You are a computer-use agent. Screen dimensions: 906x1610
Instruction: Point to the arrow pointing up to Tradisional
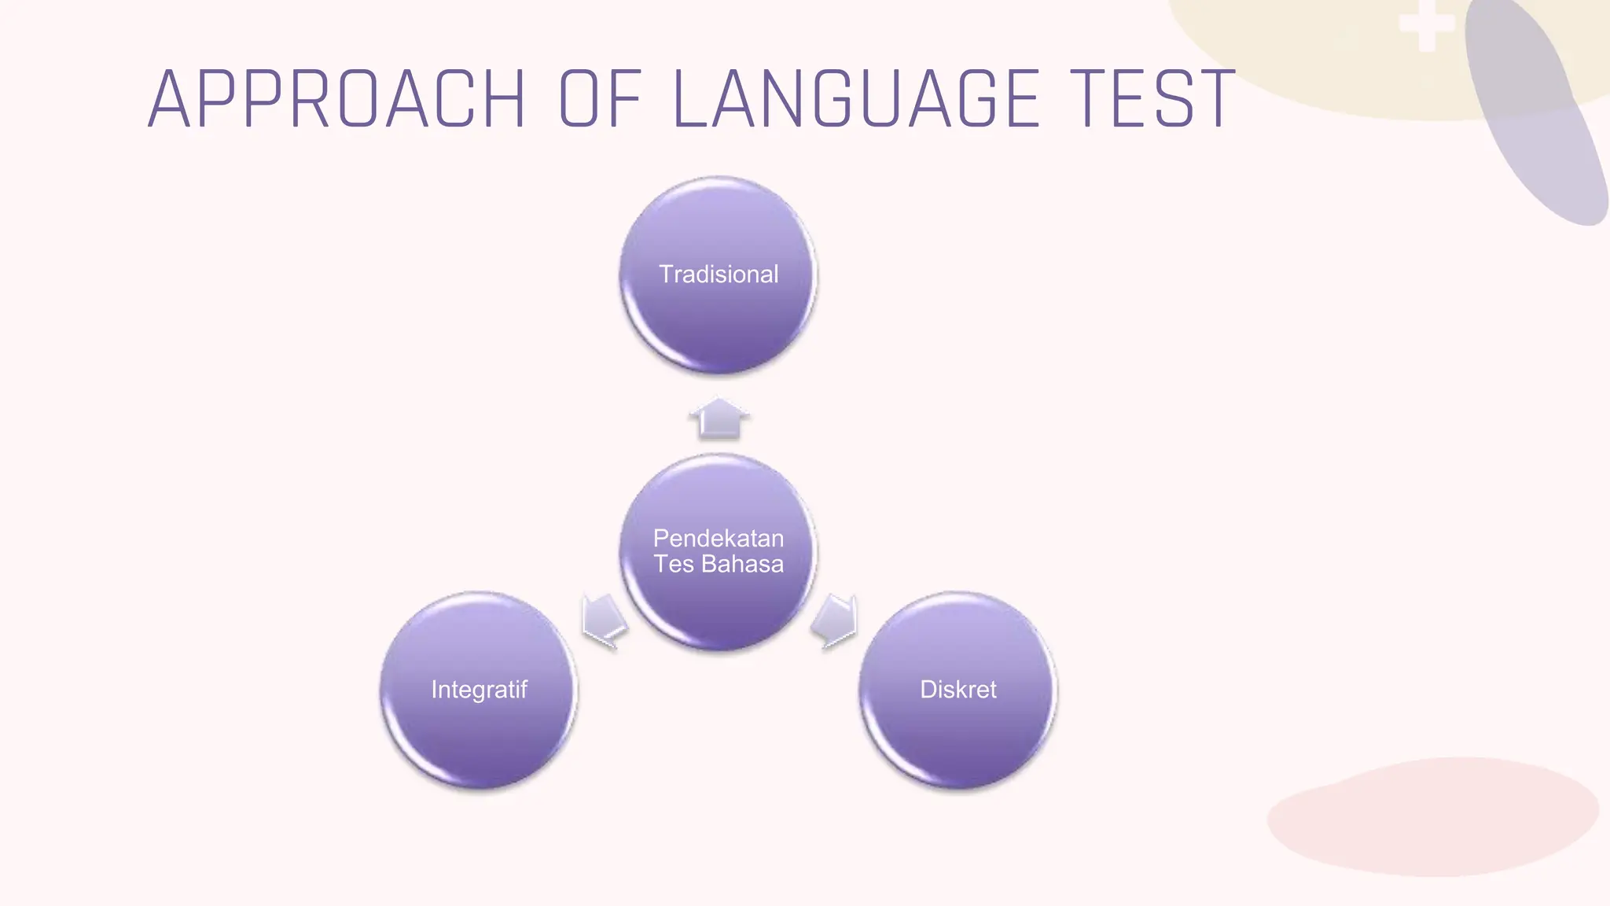coord(719,418)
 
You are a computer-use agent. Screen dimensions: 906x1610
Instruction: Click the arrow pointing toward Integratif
coord(604,621)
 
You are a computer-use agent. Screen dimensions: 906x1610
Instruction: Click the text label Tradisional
coord(719,274)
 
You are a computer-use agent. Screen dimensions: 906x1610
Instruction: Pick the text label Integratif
coord(479,690)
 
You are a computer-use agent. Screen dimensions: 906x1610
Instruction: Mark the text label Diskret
coord(958,690)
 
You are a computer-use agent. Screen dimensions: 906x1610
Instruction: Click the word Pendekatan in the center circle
coord(719,539)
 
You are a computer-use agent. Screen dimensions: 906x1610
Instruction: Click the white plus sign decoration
coord(1427,25)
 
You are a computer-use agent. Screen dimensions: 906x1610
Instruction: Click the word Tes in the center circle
coord(674,565)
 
